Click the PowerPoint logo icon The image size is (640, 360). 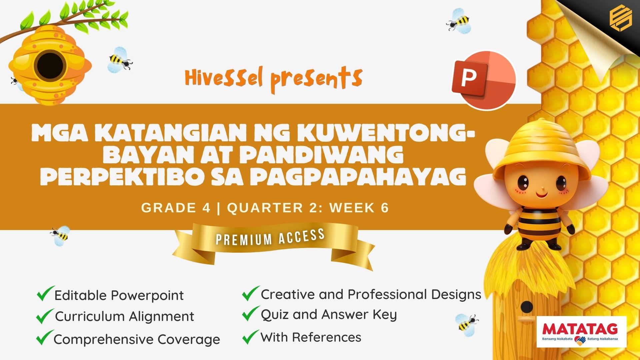point(483,80)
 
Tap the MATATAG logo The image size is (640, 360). point(581,332)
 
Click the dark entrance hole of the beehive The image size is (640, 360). point(50,65)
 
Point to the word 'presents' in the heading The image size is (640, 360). point(316,80)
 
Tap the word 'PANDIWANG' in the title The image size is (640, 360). point(322,155)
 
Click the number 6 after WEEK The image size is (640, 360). point(385,208)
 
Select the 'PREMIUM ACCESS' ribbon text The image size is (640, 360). point(270,237)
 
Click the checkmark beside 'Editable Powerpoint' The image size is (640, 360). point(45,293)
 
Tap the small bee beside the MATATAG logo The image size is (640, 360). point(466,323)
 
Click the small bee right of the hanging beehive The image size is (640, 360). point(120,60)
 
